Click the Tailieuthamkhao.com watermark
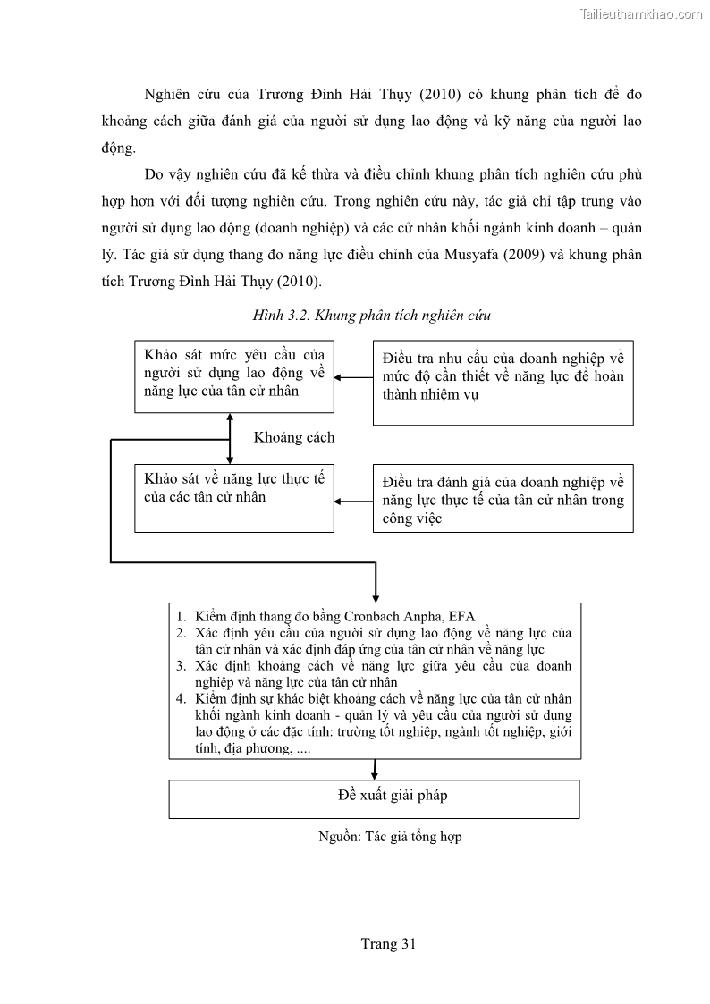(641, 13)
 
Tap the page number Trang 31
(388, 943)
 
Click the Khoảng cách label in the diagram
(294, 437)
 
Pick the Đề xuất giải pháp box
(374, 798)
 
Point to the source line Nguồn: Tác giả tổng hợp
(390, 837)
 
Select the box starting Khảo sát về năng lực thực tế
(234, 498)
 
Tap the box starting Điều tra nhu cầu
(503, 382)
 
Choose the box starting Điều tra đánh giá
(503, 498)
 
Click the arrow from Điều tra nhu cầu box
(353, 377)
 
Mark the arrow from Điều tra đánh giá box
(353, 501)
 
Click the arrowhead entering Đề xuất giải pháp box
(374, 772)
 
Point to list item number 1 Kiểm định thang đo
(325, 616)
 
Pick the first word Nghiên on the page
(170, 94)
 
